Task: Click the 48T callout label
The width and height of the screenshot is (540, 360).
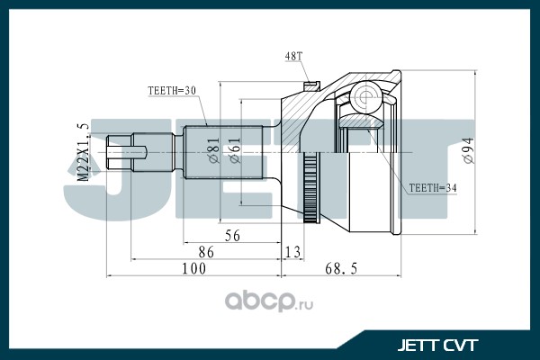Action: [293, 56]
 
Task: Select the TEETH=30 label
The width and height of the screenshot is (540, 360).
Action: [172, 91]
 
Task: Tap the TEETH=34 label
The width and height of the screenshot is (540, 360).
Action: [433, 188]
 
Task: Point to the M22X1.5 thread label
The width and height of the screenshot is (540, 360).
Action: [83, 151]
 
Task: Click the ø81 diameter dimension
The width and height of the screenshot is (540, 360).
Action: [213, 150]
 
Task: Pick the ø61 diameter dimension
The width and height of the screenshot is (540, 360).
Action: [234, 150]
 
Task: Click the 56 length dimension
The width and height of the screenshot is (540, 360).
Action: [232, 236]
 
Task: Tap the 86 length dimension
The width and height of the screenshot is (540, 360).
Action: [206, 252]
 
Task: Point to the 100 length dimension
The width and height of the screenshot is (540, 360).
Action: [193, 269]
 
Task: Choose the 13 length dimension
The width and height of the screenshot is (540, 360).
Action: [292, 252]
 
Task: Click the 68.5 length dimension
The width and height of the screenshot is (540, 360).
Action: [341, 269]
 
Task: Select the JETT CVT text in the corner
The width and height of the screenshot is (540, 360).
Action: [437, 345]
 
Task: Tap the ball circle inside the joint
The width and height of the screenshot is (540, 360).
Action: [366, 97]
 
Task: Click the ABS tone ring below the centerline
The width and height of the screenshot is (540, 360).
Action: [310, 188]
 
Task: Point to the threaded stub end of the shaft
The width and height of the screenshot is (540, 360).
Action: [119, 153]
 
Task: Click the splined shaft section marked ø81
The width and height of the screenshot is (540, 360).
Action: [223, 152]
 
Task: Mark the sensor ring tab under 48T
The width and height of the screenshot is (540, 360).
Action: [312, 85]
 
